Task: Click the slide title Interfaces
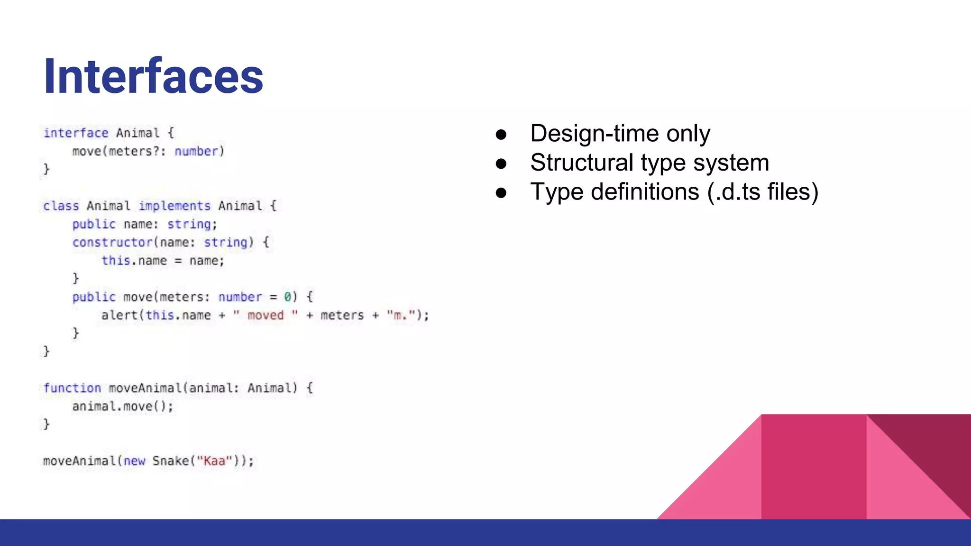click(x=153, y=76)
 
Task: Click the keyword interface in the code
click(x=76, y=133)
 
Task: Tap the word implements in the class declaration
click(x=174, y=206)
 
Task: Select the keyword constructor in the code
click(x=112, y=242)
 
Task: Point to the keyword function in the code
click(x=72, y=388)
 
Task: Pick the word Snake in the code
click(x=170, y=461)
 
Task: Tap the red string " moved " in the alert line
click(x=266, y=315)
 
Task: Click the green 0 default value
click(x=287, y=297)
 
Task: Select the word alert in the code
click(x=119, y=315)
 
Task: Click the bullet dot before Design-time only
click(x=501, y=135)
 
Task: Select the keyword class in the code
click(x=61, y=206)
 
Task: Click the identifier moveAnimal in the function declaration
click(x=145, y=388)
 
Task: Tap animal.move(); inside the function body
click(x=122, y=406)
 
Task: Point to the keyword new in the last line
click(x=134, y=461)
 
